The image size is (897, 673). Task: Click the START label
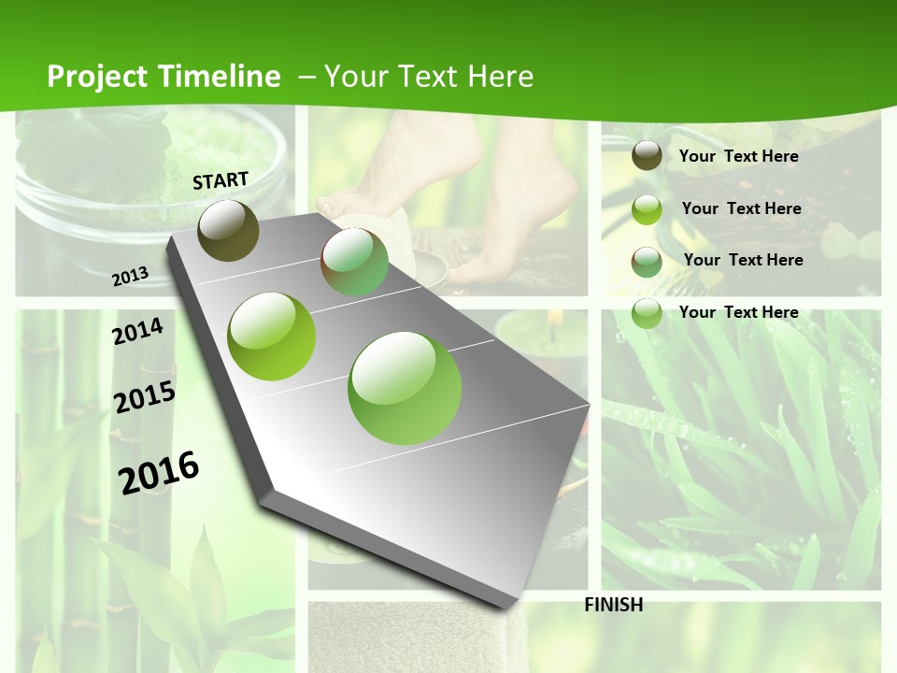[x=221, y=180]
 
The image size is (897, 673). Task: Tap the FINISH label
[x=613, y=605]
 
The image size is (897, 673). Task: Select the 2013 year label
[x=131, y=276]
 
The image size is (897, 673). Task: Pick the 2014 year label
[x=137, y=331]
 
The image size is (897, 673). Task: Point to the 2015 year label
[x=145, y=397]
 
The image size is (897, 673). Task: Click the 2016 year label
[x=159, y=472]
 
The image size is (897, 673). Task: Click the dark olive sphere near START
[x=228, y=230]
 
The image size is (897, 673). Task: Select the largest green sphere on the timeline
[x=405, y=388]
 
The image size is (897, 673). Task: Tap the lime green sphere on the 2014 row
[x=272, y=336]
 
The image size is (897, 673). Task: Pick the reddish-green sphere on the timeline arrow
[x=354, y=262]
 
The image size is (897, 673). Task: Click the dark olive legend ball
[x=647, y=156]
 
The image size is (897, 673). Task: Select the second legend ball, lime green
[x=647, y=209]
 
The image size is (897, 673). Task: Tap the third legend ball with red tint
[x=647, y=262]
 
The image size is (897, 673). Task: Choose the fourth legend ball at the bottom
[x=647, y=313]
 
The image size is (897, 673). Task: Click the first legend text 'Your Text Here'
[x=738, y=156]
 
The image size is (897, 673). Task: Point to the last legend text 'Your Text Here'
[x=738, y=312]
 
